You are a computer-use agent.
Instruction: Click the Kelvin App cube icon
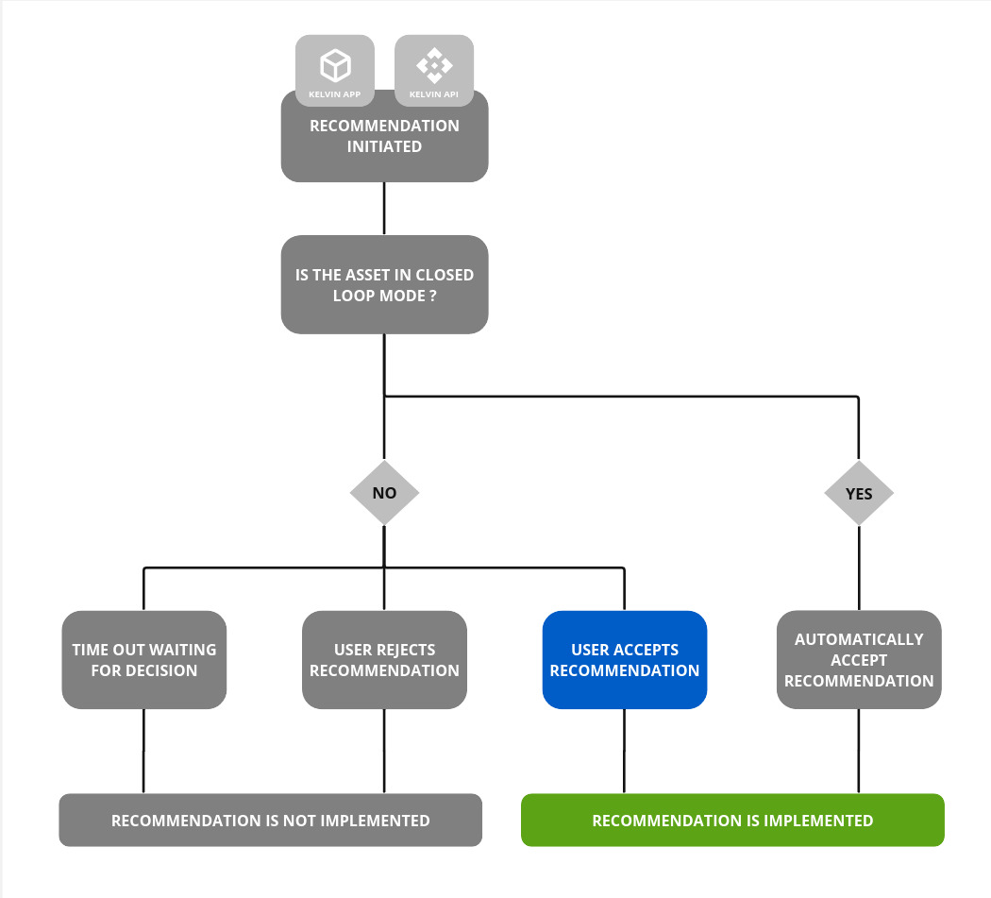pyautogui.click(x=335, y=65)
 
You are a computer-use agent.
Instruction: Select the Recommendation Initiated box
pyautogui.click(x=384, y=137)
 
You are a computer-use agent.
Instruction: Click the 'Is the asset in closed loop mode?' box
pyautogui.click(x=384, y=284)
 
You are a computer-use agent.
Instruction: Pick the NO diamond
pyautogui.click(x=384, y=493)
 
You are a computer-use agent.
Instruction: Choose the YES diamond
pyautogui.click(x=858, y=493)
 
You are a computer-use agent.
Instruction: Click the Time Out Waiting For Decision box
pyautogui.click(x=144, y=660)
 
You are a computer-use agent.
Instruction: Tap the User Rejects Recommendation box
pyautogui.click(x=384, y=660)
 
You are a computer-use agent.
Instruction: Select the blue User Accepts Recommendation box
pyautogui.click(x=624, y=660)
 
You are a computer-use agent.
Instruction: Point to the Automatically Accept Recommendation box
pyautogui.click(x=859, y=660)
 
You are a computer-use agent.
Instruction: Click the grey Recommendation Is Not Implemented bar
pyautogui.click(x=270, y=821)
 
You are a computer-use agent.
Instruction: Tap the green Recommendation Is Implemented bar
pyautogui.click(x=732, y=821)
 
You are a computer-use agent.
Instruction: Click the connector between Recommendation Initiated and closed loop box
pyautogui.click(x=384, y=208)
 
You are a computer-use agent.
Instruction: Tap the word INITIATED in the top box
pyautogui.click(x=384, y=147)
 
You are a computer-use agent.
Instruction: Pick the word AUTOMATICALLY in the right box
pyautogui.click(x=859, y=639)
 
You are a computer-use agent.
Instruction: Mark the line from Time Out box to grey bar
pyautogui.click(x=143, y=751)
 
